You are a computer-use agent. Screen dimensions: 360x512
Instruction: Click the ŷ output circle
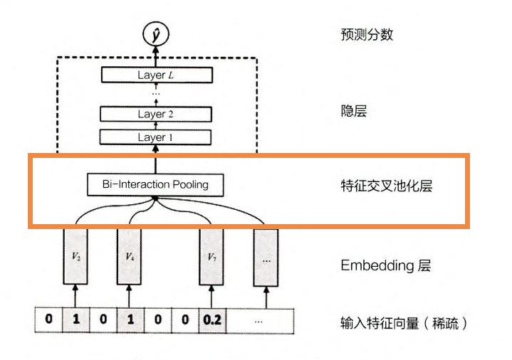157,33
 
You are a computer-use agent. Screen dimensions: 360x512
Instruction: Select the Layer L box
156,75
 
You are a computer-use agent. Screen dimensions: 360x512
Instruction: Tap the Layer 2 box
156,114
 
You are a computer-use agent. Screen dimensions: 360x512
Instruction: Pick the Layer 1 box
156,137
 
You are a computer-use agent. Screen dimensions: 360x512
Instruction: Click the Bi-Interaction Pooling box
155,185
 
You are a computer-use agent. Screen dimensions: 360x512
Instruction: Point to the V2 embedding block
75,257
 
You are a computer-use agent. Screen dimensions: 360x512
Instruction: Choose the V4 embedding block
130,257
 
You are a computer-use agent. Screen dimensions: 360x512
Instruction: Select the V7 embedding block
211,257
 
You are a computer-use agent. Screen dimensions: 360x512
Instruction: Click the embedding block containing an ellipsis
266,257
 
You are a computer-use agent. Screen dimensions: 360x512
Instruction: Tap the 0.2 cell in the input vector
211,320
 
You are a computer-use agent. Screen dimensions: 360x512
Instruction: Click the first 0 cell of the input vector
48,320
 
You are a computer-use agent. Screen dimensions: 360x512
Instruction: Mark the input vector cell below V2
75,320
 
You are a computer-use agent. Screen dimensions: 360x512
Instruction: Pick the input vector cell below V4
130,320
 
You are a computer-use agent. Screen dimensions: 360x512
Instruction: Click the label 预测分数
367,34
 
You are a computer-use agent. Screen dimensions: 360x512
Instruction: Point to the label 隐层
354,111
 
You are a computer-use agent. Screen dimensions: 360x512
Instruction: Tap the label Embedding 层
385,266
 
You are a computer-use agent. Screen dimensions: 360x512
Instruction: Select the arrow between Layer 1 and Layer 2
156,126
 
